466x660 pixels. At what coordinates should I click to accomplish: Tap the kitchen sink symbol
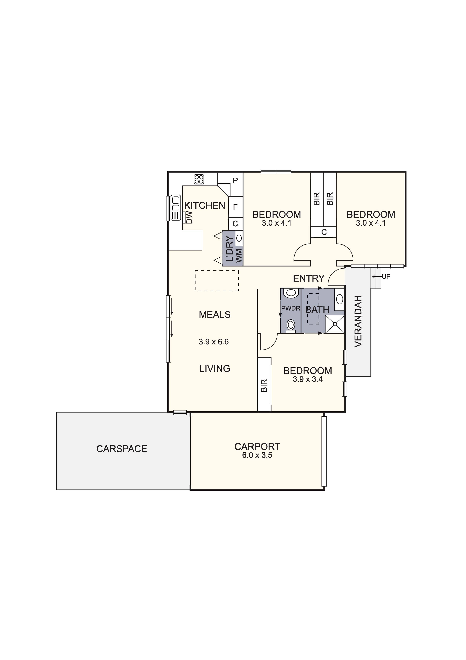click(175, 208)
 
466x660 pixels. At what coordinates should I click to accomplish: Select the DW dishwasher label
click(189, 218)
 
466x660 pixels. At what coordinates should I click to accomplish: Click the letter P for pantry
click(235, 181)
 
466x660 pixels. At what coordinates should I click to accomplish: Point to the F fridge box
click(235, 207)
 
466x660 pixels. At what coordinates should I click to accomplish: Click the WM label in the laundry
click(239, 256)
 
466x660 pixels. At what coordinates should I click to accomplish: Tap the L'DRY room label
click(229, 248)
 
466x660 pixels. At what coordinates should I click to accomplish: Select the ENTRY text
click(309, 278)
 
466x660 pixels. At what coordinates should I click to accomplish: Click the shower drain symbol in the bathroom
click(335, 324)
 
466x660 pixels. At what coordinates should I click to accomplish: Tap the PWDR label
click(291, 309)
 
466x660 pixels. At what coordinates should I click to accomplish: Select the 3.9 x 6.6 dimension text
click(213, 342)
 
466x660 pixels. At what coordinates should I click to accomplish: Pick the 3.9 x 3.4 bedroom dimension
click(308, 379)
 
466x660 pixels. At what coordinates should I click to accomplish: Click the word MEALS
click(215, 315)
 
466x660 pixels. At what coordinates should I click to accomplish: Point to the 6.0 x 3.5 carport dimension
click(257, 455)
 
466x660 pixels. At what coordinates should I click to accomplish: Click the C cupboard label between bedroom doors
click(324, 232)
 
